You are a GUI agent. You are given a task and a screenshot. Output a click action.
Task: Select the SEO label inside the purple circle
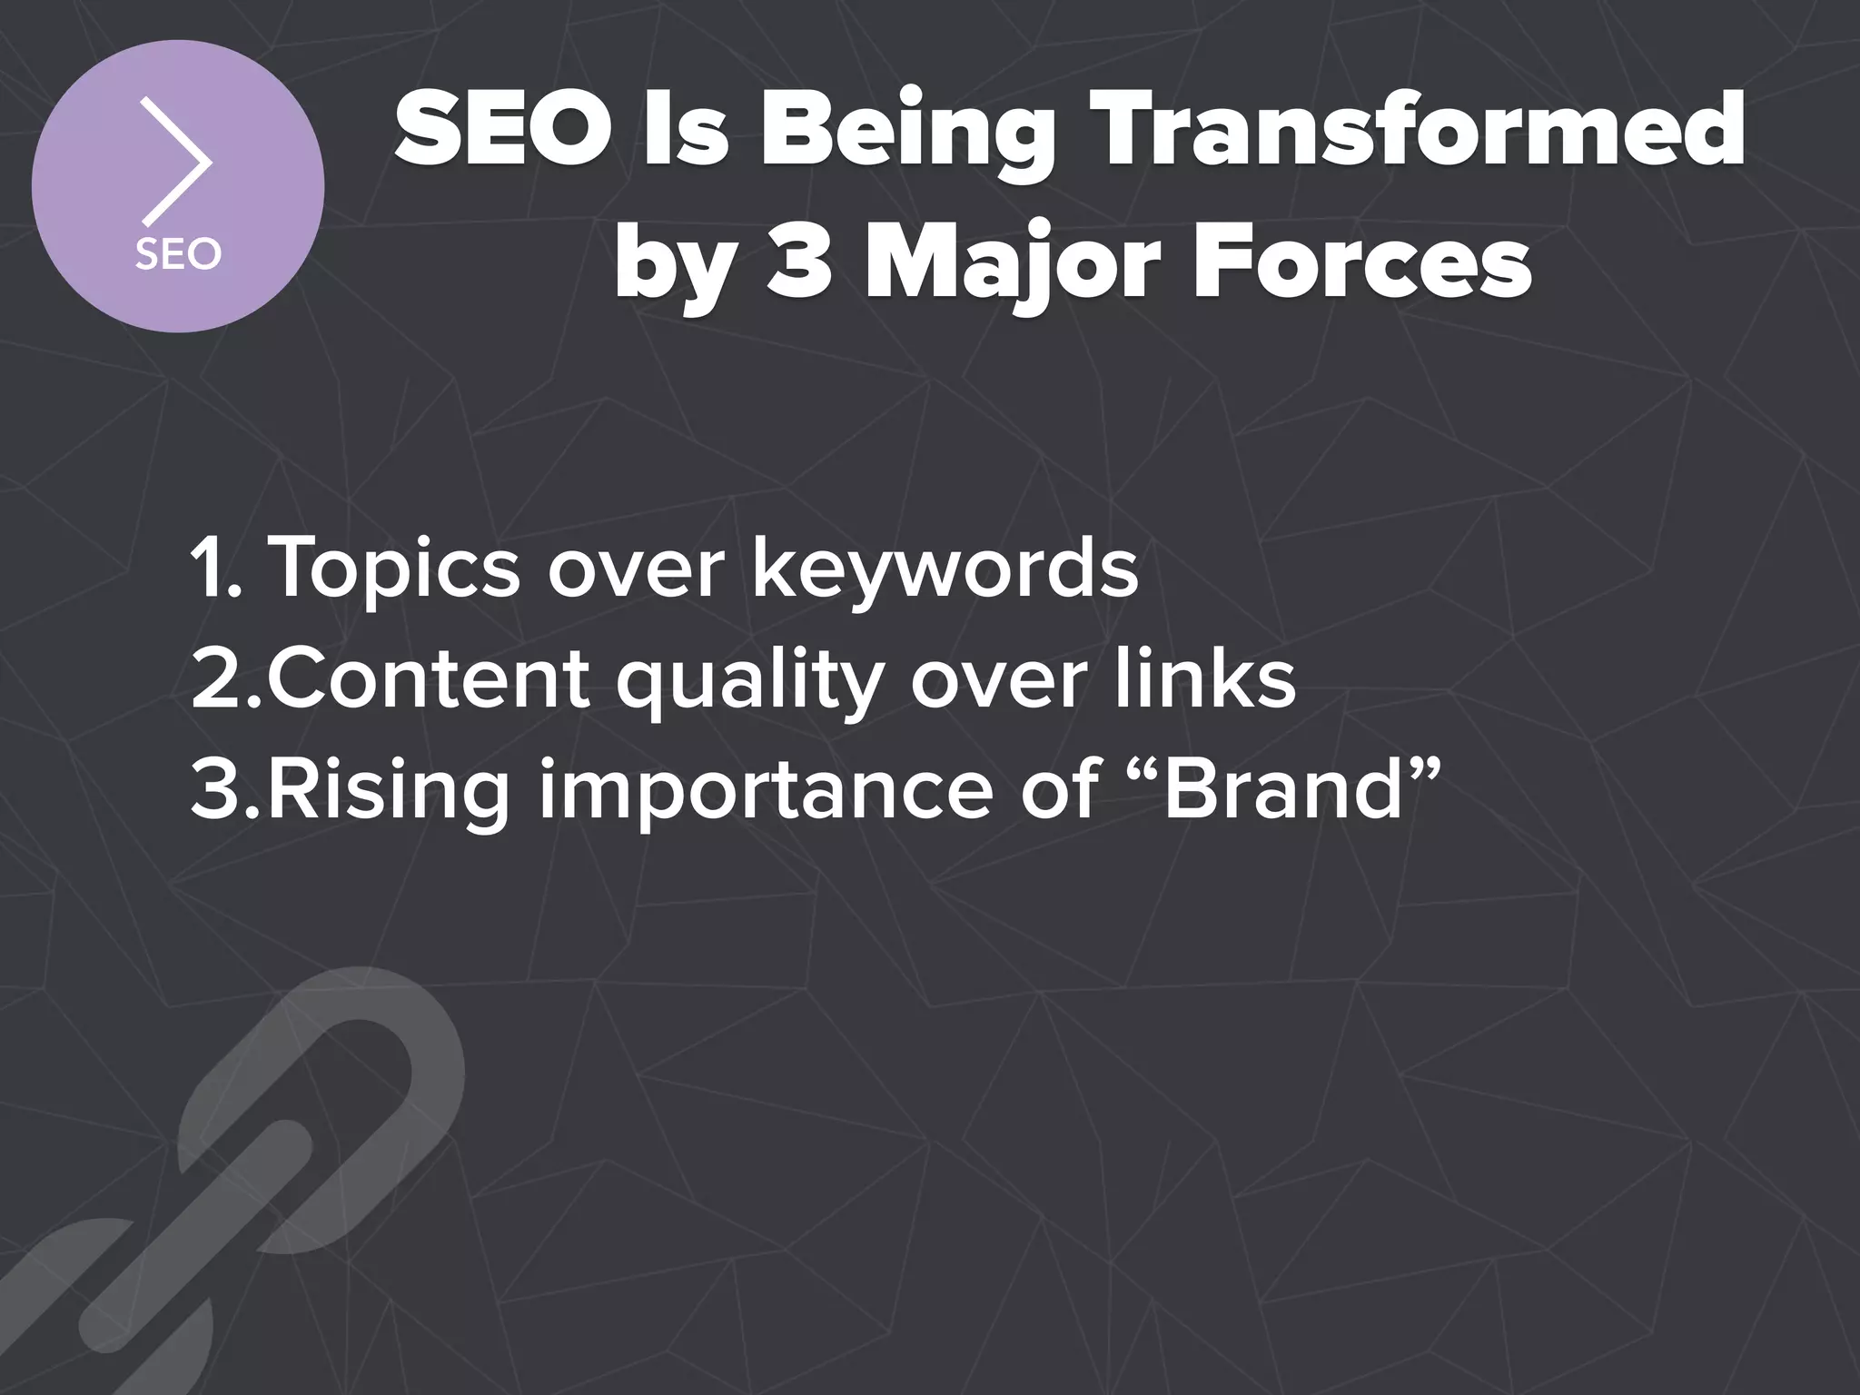click(178, 254)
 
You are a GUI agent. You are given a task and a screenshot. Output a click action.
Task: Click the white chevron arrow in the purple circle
click(178, 163)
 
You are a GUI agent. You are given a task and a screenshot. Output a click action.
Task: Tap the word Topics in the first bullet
click(395, 569)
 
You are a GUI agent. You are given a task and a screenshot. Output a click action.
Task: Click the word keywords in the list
click(945, 569)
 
